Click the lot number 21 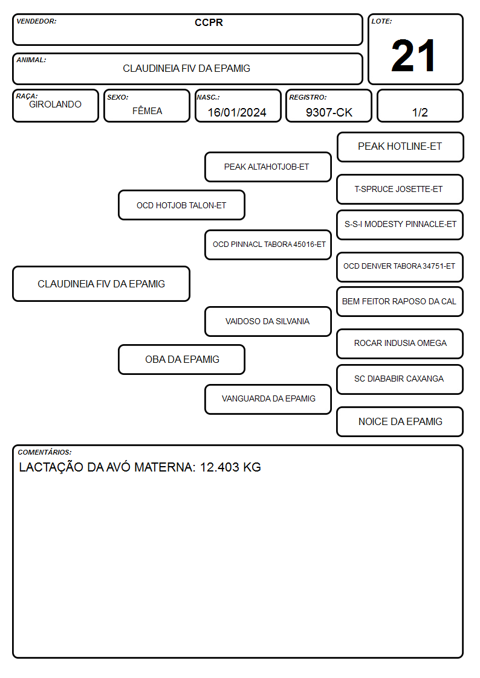[413, 56]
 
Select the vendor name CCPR [209, 22]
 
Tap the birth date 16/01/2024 [237, 112]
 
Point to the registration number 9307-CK [329, 112]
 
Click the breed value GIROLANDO [55, 104]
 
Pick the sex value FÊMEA [147, 110]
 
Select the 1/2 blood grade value [420, 112]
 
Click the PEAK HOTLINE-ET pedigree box [400, 147]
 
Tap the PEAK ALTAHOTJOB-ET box [268, 167]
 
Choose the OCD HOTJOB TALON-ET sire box [182, 205]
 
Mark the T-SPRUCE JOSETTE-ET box [400, 189]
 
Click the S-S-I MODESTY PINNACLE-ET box [400, 225]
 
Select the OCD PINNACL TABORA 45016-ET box [268, 245]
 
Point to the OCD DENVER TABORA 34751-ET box [400, 267]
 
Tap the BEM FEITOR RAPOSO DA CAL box [400, 301]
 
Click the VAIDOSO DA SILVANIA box [268, 321]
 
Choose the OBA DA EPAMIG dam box [182, 359]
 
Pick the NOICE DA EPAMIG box [400, 421]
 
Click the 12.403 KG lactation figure [230, 467]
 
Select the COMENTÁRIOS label [45, 452]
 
